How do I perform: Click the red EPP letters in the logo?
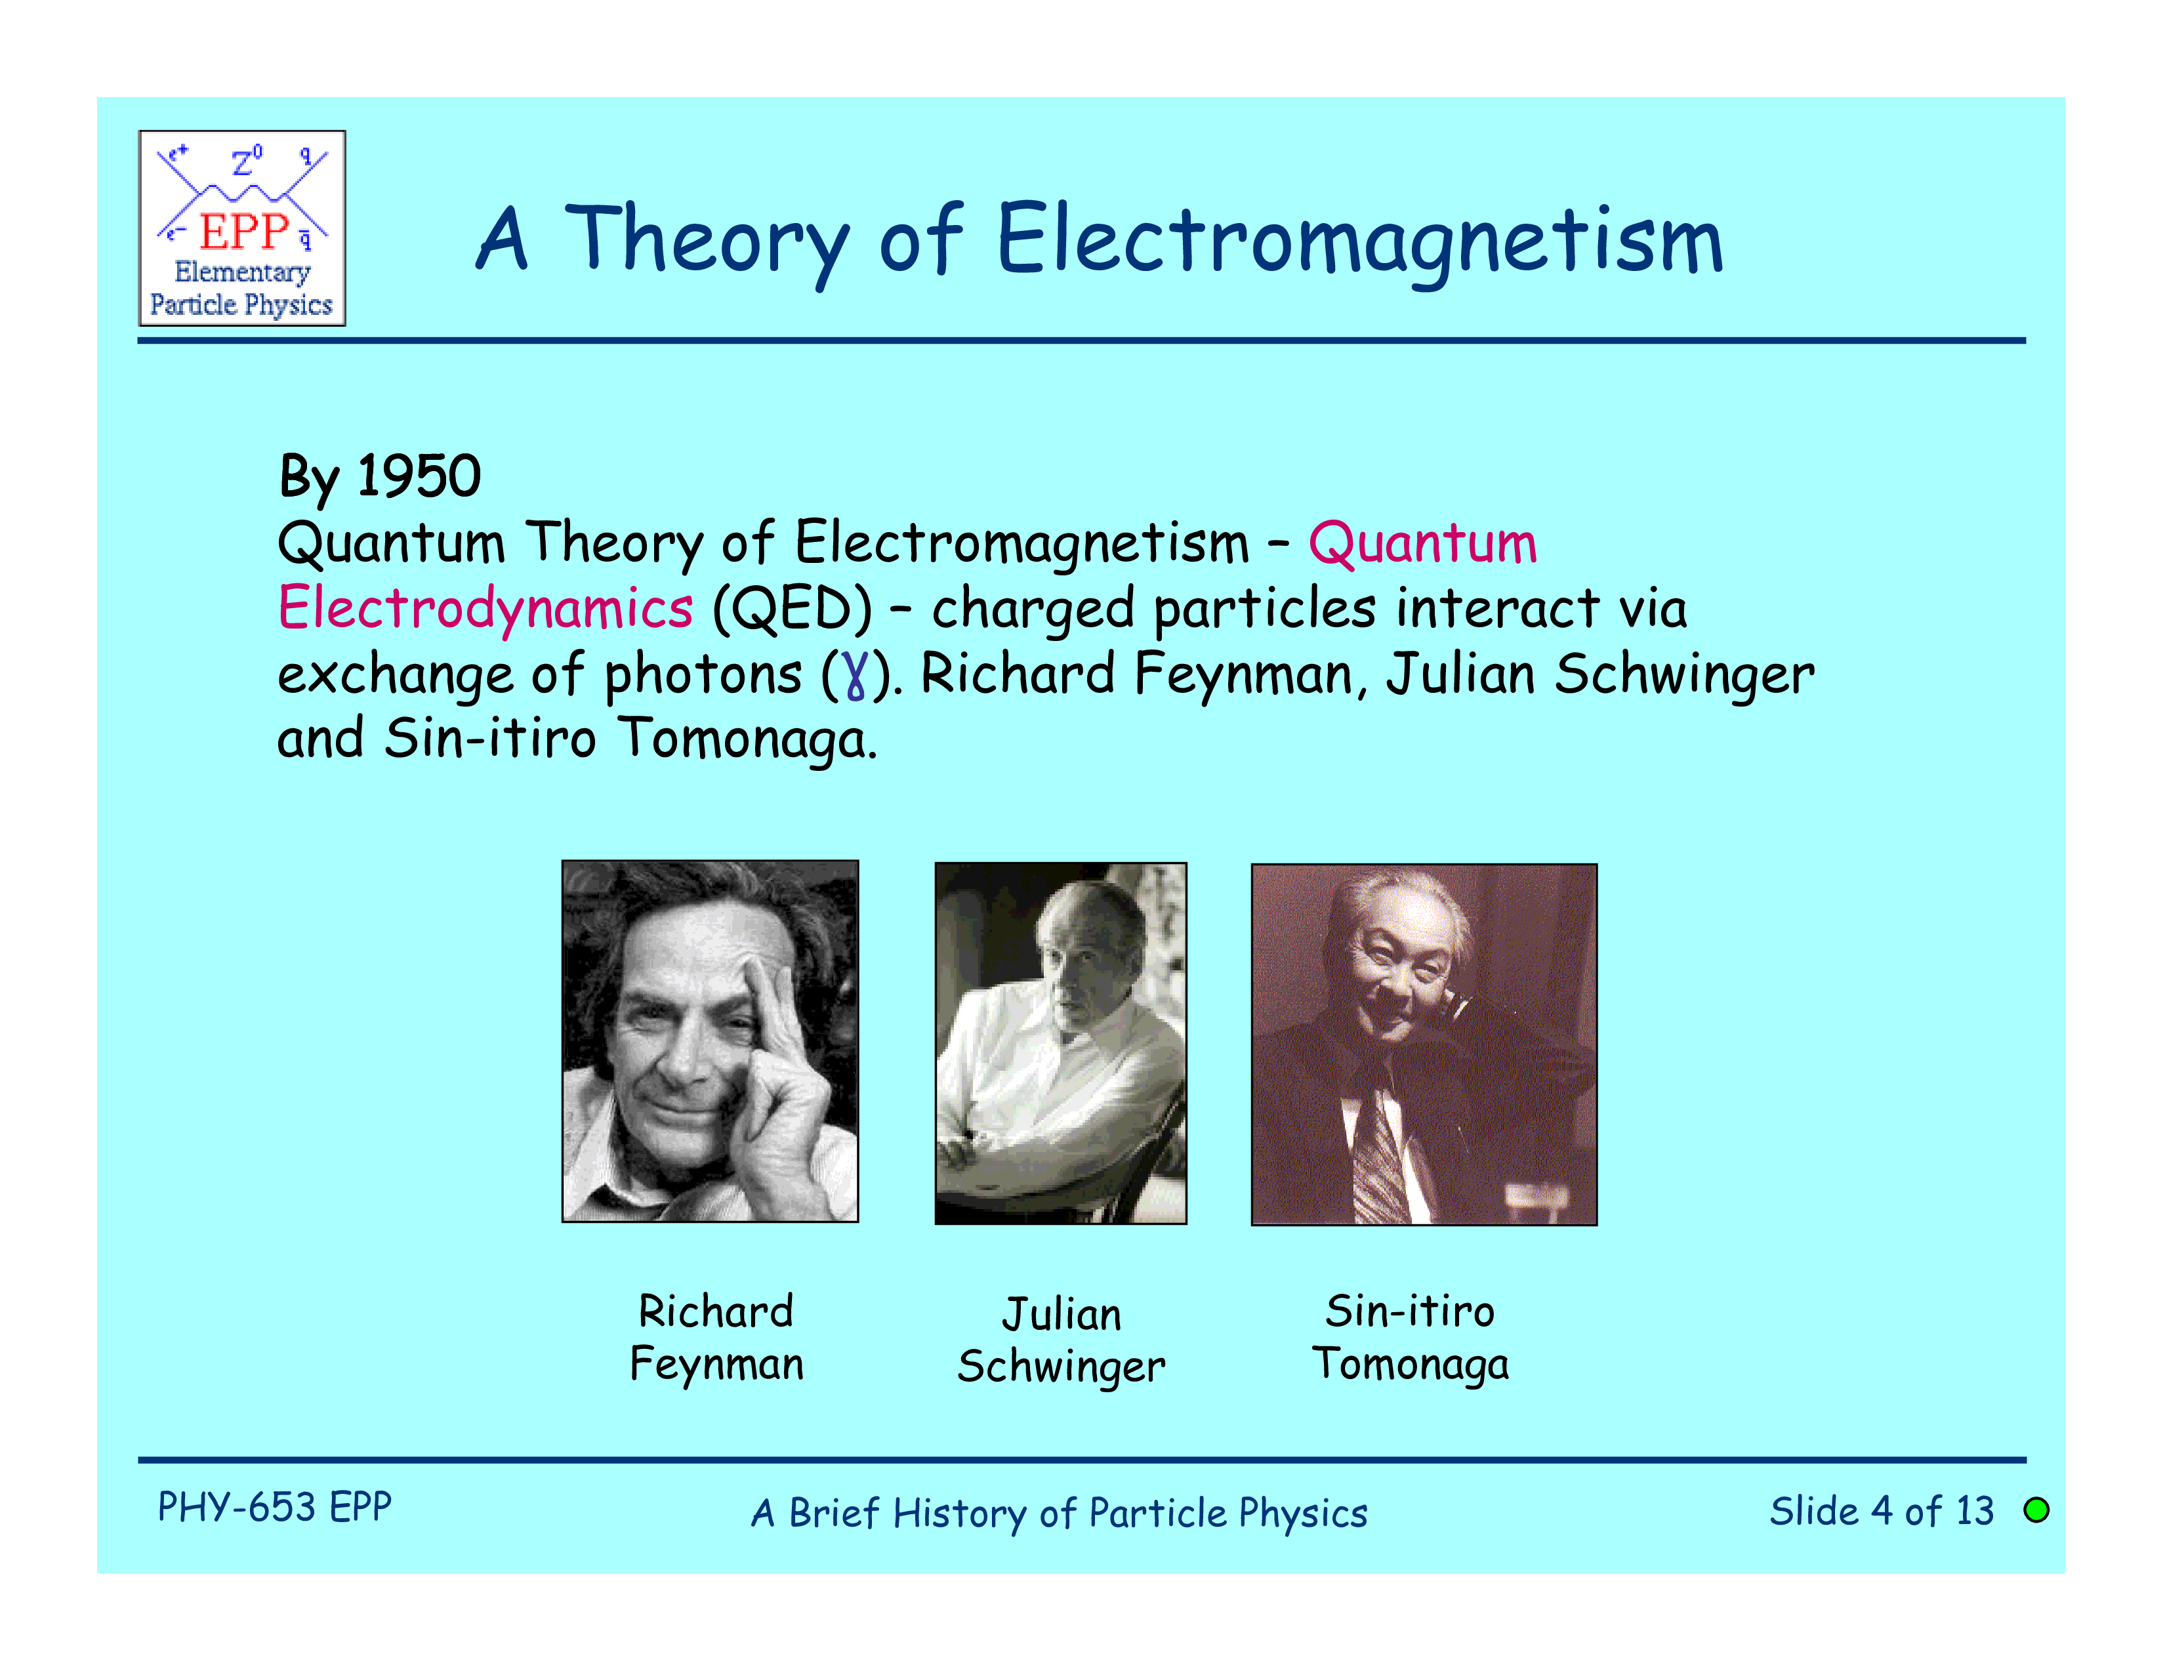click(244, 231)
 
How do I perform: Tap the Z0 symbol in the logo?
click(247, 161)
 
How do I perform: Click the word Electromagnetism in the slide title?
click(1360, 241)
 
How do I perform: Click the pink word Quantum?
click(1422, 543)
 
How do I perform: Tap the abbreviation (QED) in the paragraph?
click(792, 609)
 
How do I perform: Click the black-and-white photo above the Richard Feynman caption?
click(710, 1041)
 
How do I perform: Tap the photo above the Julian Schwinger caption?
click(1061, 1043)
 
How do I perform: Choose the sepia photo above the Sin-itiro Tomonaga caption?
click(1424, 1044)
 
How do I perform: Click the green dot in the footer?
click(2036, 1510)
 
